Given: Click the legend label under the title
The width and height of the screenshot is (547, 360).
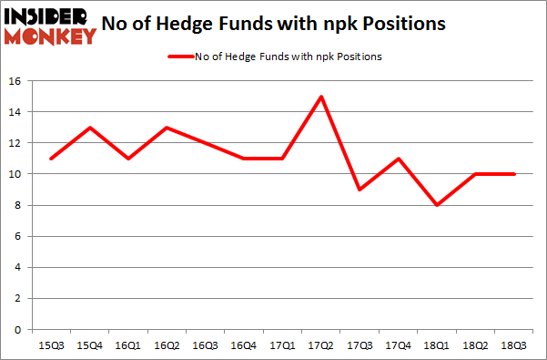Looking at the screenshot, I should (288, 57).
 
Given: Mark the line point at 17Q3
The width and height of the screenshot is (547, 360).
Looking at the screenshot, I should (360, 190).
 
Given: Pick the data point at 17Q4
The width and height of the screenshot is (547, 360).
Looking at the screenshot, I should (399, 159).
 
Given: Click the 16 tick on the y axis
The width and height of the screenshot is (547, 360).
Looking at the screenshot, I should (15, 81).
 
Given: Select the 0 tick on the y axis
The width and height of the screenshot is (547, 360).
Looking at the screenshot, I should (18, 329).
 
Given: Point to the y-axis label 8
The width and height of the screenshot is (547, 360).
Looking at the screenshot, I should (18, 205).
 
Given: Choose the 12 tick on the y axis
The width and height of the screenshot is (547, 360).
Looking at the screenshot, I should (15, 143).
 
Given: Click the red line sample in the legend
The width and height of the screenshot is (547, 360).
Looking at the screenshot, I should (179, 57).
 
